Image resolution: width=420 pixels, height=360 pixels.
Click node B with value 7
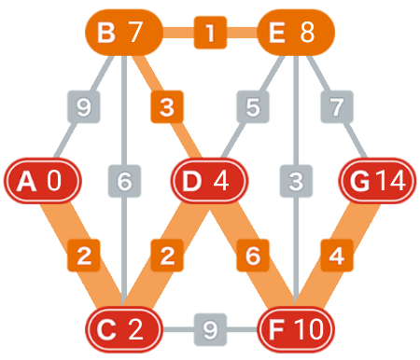click(124, 33)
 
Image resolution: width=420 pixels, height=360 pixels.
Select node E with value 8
click(296, 33)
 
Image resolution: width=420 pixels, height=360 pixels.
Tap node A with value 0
click(43, 181)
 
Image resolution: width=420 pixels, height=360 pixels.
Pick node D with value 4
click(209, 181)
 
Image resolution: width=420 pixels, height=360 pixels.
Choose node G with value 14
click(377, 181)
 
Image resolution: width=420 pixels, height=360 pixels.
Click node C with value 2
click(124, 329)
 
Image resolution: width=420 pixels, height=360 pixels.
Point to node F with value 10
click(296, 329)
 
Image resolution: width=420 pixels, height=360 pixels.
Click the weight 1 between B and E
click(210, 33)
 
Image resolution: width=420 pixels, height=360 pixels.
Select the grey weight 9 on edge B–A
click(84, 106)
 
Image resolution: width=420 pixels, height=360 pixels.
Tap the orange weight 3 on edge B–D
click(167, 106)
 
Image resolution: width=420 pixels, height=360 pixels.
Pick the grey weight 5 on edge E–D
click(253, 106)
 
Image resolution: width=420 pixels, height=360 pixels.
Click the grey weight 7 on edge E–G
click(337, 106)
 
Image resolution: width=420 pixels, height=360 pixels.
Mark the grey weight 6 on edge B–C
click(124, 181)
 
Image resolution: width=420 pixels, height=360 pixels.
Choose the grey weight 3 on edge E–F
click(296, 181)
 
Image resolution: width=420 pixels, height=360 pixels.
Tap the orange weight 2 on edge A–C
click(84, 256)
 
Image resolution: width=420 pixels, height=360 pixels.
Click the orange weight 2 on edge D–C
click(167, 256)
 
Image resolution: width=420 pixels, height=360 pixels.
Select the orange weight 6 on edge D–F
click(253, 256)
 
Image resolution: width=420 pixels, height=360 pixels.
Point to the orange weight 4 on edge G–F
click(337, 256)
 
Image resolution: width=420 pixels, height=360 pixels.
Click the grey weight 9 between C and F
click(210, 329)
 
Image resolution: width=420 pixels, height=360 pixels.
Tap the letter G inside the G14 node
click(359, 181)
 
